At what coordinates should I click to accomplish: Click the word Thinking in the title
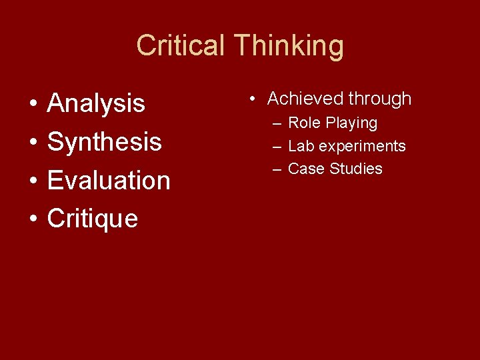tap(289, 46)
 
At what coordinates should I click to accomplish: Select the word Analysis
tap(96, 103)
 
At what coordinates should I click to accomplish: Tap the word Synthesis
tap(105, 142)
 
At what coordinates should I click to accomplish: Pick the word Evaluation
tap(109, 180)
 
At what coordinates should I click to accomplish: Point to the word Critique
tap(93, 218)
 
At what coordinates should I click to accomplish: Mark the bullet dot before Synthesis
tap(32, 143)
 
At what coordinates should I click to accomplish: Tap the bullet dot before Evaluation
tap(32, 181)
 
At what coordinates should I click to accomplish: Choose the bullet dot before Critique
tap(32, 219)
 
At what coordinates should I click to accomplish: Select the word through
tap(379, 99)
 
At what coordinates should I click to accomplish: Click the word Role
tap(303, 123)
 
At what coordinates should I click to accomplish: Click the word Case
tap(305, 169)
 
